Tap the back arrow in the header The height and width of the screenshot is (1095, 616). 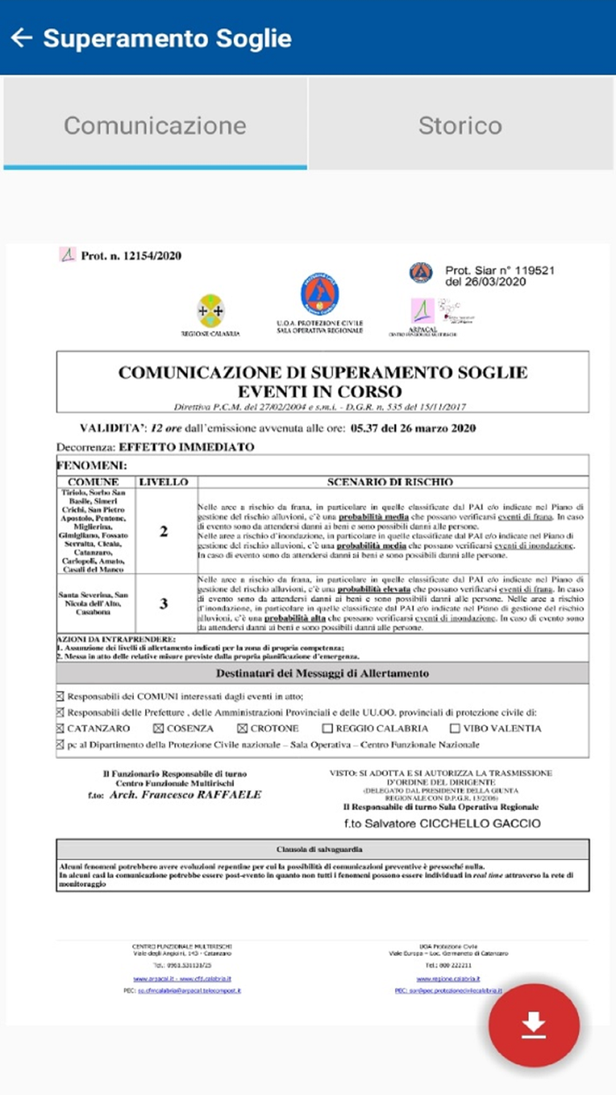[21, 38]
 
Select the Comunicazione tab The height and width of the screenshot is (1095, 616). [155, 125]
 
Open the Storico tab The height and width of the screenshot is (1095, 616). [460, 125]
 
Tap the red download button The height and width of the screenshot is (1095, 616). [534, 1025]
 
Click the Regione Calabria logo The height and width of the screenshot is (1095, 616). [210, 312]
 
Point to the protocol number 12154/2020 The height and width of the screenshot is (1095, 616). [131, 256]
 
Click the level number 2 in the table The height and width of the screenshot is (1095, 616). [164, 532]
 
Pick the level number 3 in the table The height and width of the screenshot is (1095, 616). [164, 603]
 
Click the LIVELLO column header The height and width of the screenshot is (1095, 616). [164, 482]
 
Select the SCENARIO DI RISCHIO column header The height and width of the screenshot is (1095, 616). [390, 482]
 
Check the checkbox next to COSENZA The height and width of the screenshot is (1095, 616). [158, 729]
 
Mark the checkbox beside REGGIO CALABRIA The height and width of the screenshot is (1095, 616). [327, 729]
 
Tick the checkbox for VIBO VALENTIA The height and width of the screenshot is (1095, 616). [455, 729]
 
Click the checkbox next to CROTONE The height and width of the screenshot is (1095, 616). [242, 729]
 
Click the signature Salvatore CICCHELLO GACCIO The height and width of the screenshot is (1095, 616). [442, 824]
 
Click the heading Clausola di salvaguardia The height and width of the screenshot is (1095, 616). [322, 850]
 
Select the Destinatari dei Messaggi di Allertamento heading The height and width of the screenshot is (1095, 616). [322, 674]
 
